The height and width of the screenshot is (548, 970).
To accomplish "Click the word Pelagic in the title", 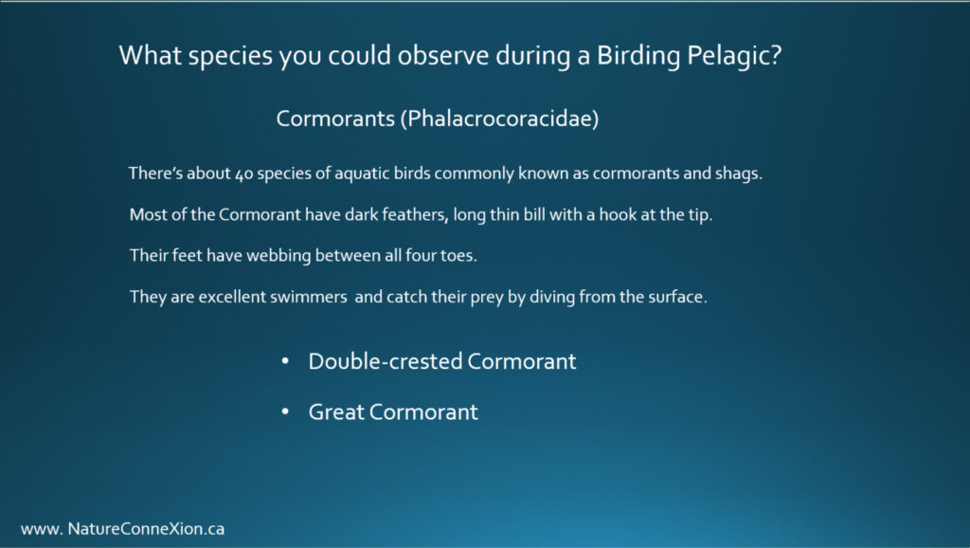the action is click(x=734, y=56).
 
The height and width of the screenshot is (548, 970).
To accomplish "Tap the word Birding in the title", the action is click(x=638, y=56).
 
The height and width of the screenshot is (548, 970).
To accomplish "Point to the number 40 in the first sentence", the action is click(x=244, y=174).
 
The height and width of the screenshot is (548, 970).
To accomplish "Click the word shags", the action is click(x=739, y=174).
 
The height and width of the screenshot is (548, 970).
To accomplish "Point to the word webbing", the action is click(x=278, y=256).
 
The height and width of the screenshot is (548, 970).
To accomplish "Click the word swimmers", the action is click(x=308, y=297).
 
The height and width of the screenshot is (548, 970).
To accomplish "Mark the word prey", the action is click(x=487, y=298).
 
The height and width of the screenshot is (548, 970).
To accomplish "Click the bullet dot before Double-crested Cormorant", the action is click(x=285, y=361).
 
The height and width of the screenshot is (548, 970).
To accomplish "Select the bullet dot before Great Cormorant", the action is click(x=285, y=411).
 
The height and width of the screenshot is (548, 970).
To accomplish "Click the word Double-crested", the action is click(x=386, y=361).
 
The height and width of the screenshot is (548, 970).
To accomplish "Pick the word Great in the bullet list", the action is click(x=336, y=411).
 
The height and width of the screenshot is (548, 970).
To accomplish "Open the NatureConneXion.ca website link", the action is click(x=122, y=529).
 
